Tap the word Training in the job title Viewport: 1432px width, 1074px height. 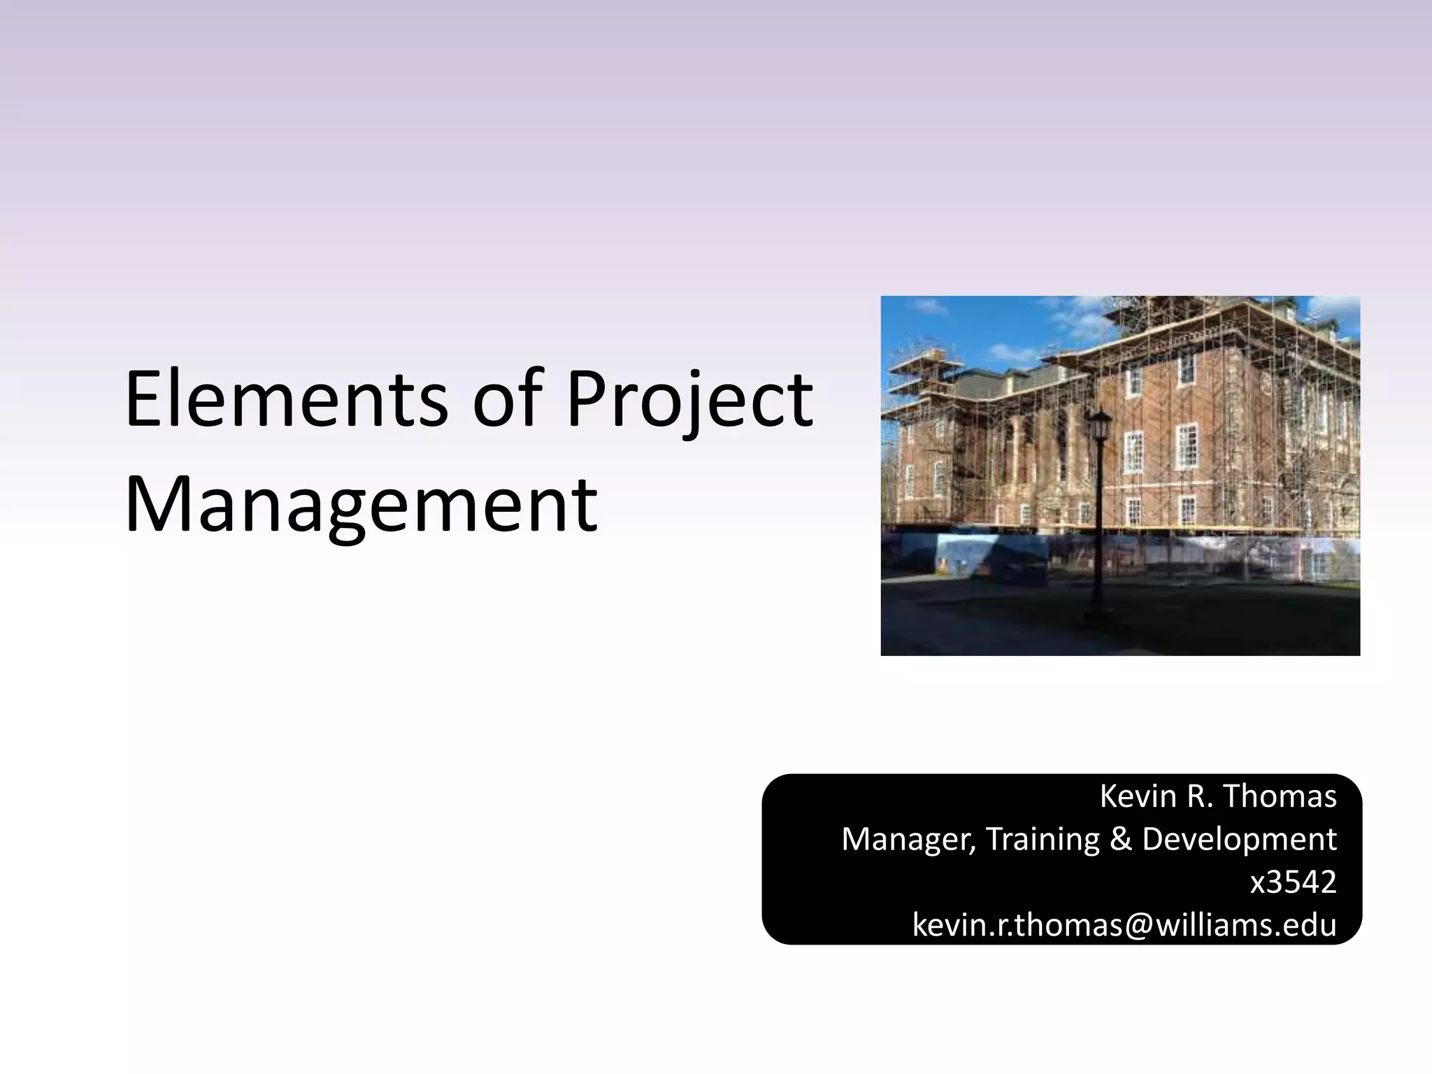pyautogui.click(x=1043, y=839)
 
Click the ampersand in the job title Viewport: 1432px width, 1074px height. pyautogui.click(x=1120, y=839)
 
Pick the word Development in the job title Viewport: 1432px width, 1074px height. pyautogui.click(x=1239, y=839)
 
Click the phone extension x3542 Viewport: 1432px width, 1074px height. pyautogui.click(x=1293, y=882)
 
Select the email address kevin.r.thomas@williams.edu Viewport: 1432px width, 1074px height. pyautogui.click(x=1124, y=925)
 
